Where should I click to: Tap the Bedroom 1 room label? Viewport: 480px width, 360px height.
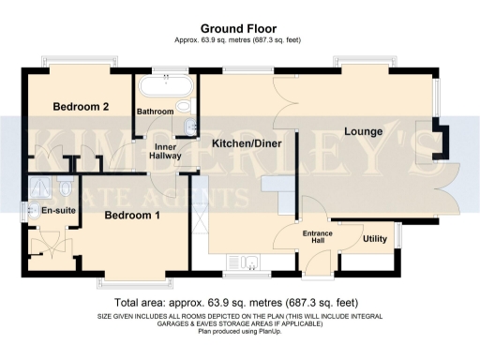tap(131, 216)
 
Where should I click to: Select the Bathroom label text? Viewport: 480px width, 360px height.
tap(156, 112)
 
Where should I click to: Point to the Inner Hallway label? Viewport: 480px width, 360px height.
tap(165, 150)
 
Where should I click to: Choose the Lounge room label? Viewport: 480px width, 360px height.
tap(363, 131)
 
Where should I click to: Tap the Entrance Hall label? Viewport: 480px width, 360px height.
tap(312, 236)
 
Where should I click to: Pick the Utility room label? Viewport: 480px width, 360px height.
tap(375, 239)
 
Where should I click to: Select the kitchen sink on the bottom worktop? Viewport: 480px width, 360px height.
tap(247, 262)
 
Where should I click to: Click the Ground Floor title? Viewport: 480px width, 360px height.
tap(240, 29)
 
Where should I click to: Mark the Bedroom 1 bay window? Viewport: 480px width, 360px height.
tap(137, 280)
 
